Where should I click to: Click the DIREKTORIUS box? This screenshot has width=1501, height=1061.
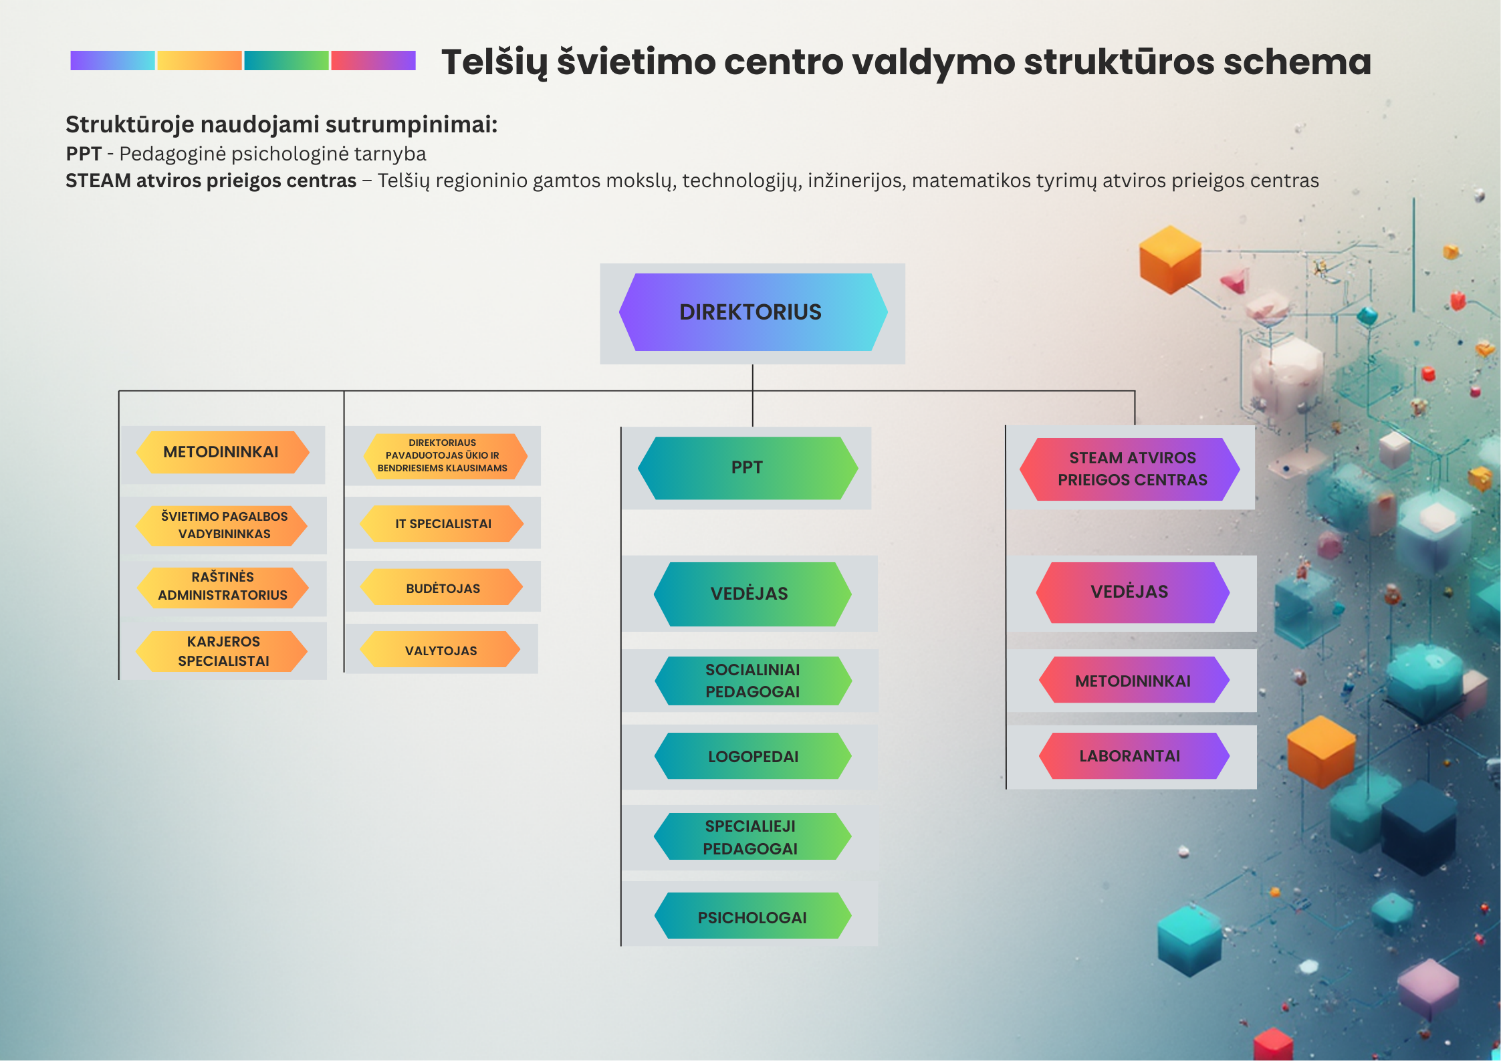753,312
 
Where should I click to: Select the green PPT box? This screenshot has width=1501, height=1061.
747,468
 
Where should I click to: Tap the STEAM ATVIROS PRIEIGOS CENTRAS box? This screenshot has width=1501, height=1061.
1130,469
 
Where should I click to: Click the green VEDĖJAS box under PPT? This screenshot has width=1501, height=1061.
752,594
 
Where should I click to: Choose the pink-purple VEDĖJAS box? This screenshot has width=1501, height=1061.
1133,592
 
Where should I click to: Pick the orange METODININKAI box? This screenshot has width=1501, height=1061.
223,452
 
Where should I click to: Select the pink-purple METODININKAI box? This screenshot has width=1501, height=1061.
1134,680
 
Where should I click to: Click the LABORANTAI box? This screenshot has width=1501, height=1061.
1134,755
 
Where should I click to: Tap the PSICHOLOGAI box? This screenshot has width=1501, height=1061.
753,916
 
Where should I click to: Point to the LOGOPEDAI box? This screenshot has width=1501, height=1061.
753,755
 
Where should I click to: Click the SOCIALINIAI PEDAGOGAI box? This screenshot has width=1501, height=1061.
753,681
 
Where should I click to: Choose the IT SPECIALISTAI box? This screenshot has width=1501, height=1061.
442,523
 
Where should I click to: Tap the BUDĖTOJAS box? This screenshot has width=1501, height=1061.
442,587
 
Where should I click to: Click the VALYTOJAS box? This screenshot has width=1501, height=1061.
440,649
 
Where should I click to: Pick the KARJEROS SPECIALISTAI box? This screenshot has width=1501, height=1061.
222,651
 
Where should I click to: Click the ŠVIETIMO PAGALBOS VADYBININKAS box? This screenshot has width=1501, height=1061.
222,525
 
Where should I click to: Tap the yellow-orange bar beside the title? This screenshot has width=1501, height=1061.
199,60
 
